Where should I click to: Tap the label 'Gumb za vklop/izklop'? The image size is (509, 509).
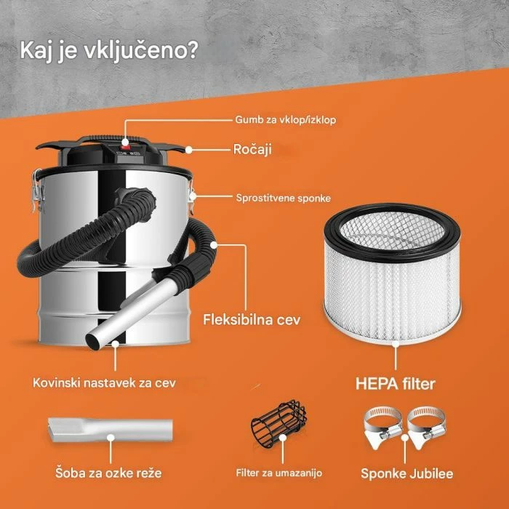tap(285, 119)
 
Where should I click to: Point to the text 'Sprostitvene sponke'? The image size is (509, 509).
tap(284, 197)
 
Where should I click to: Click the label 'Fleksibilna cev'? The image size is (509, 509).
tap(252, 318)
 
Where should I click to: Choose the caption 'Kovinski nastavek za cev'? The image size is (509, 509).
tap(104, 381)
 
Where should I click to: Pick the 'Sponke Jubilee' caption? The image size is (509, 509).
tap(407, 473)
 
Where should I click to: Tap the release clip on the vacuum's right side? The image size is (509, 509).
tap(193, 195)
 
